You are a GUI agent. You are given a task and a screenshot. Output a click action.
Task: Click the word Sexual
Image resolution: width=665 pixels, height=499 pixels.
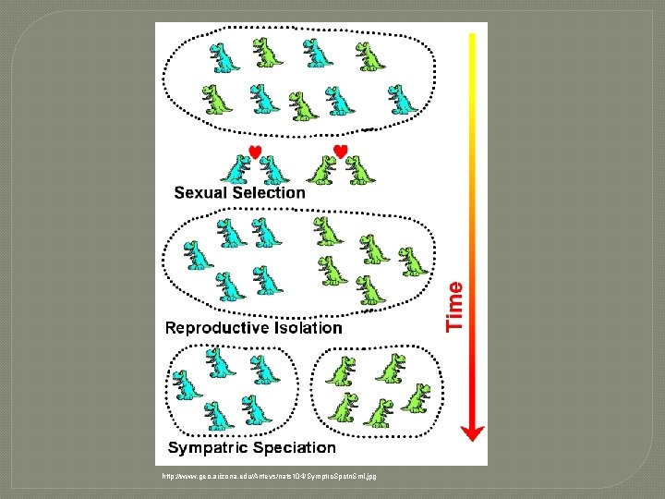[202, 193]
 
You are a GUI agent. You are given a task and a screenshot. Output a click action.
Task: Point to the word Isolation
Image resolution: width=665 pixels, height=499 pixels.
[306, 328]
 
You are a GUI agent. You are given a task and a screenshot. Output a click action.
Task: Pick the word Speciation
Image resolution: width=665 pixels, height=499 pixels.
[291, 448]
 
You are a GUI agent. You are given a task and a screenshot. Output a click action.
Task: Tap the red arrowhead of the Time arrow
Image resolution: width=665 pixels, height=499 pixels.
[473, 430]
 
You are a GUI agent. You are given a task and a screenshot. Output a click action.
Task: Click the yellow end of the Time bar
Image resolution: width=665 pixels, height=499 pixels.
[473, 39]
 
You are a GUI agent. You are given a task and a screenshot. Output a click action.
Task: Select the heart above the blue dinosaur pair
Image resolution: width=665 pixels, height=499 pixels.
[256, 152]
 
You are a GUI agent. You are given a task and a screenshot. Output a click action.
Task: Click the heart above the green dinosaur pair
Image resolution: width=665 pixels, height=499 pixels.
[340, 151]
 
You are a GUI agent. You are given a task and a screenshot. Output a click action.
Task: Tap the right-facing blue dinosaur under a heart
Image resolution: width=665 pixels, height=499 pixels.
[236, 169]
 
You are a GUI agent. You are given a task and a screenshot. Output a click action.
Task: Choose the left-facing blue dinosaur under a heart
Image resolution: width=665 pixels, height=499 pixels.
[273, 170]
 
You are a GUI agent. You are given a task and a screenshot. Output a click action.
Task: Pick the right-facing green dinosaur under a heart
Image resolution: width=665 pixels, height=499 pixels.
[322, 170]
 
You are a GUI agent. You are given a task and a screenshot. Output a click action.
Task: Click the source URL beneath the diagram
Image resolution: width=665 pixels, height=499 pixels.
[269, 477]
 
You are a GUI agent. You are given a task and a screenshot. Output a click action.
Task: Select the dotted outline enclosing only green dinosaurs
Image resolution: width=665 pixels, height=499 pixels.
[318, 388]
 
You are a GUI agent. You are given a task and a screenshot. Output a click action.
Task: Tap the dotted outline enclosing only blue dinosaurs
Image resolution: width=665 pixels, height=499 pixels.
[168, 388]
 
